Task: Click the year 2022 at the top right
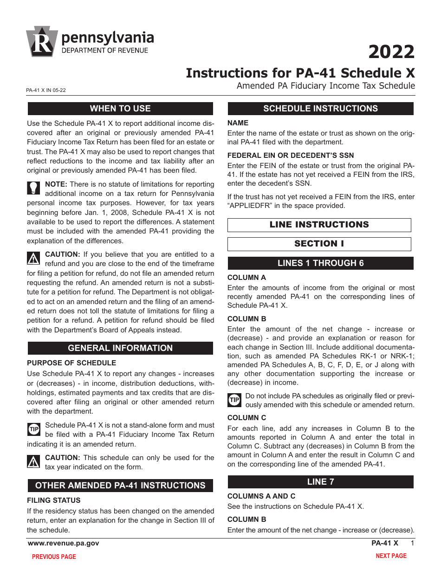tap(391, 52)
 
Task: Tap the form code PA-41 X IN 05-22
tap(46, 91)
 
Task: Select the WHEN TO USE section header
tap(120, 109)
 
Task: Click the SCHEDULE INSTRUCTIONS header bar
tap(320, 109)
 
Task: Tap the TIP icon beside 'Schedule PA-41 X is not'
tap(34, 429)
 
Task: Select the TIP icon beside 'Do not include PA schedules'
tap(234, 400)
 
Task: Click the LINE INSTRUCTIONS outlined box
tap(319, 225)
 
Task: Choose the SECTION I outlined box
tap(319, 244)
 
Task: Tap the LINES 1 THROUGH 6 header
tap(320, 263)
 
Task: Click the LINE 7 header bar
tap(320, 482)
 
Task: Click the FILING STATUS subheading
tap(53, 500)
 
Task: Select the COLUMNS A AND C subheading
tap(261, 496)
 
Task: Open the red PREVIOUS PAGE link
tap(54, 557)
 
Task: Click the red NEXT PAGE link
tap(391, 556)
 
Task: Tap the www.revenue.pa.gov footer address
tap(64, 543)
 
